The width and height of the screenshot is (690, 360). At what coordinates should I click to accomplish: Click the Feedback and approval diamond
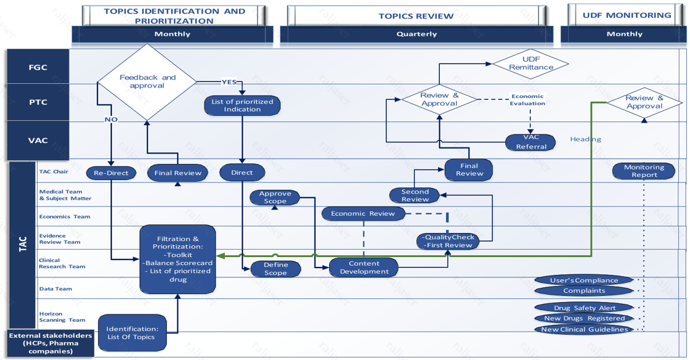pyautogui.click(x=147, y=81)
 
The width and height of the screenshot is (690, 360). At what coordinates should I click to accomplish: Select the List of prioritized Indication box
pyautogui.click(x=242, y=105)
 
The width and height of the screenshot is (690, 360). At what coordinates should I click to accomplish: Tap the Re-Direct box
pyautogui.click(x=111, y=173)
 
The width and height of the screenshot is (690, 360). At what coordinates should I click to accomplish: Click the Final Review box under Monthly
pyautogui.click(x=177, y=173)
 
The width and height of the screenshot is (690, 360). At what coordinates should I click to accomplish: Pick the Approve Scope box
pyautogui.click(x=275, y=197)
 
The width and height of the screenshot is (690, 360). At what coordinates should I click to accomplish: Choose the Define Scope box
pyautogui.click(x=275, y=269)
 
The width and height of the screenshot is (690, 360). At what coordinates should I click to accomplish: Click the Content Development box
pyautogui.click(x=363, y=268)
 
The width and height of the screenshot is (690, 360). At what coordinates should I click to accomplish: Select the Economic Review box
pyautogui.click(x=363, y=214)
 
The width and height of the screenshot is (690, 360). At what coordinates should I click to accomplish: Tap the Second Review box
pyautogui.click(x=415, y=195)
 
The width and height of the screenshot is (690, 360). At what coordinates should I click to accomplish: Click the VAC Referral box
pyautogui.click(x=530, y=142)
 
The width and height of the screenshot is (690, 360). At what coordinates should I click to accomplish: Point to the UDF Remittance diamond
pyautogui.click(x=530, y=63)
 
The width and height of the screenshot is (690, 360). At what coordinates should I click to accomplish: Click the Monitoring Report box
pyautogui.click(x=644, y=171)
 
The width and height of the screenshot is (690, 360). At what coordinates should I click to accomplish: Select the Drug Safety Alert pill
pyautogui.click(x=584, y=308)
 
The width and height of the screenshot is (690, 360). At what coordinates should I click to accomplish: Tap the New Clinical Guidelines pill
pyautogui.click(x=584, y=329)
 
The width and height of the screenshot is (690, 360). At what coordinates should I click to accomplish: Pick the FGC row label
pyautogui.click(x=38, y=67)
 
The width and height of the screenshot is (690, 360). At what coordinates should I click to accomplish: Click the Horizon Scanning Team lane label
pyautogui.click(x=54, y=317)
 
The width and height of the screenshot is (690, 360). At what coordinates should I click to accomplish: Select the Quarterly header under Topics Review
pyautogui.click(x=416, y=34)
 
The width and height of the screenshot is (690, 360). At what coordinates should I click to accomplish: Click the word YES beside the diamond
pyautogui.click(x=229, y=81)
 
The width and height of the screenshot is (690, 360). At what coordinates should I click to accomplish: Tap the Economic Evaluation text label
pyautogui.click(x=528, y=100)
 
